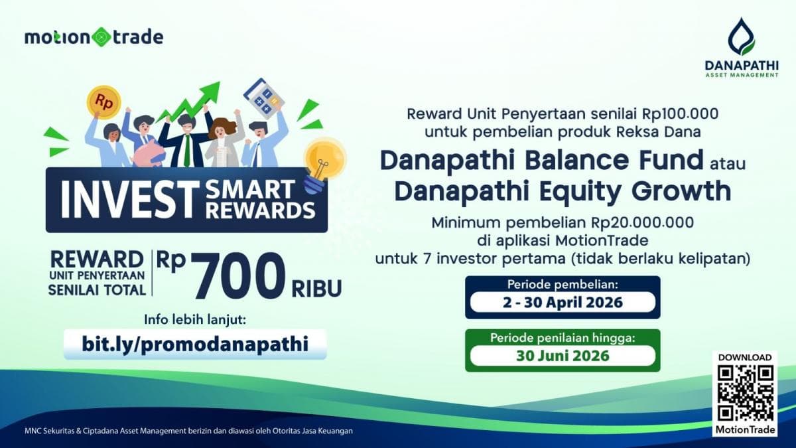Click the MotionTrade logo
94,37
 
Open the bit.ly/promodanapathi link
195,344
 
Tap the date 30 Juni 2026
563,355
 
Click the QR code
745,392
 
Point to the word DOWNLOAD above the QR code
745,357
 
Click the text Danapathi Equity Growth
563,191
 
